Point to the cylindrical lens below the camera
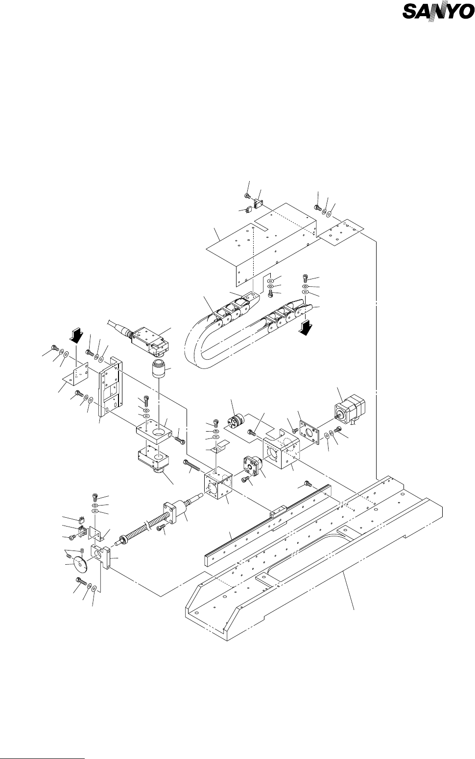point(159,369)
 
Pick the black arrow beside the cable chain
point(306,328)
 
